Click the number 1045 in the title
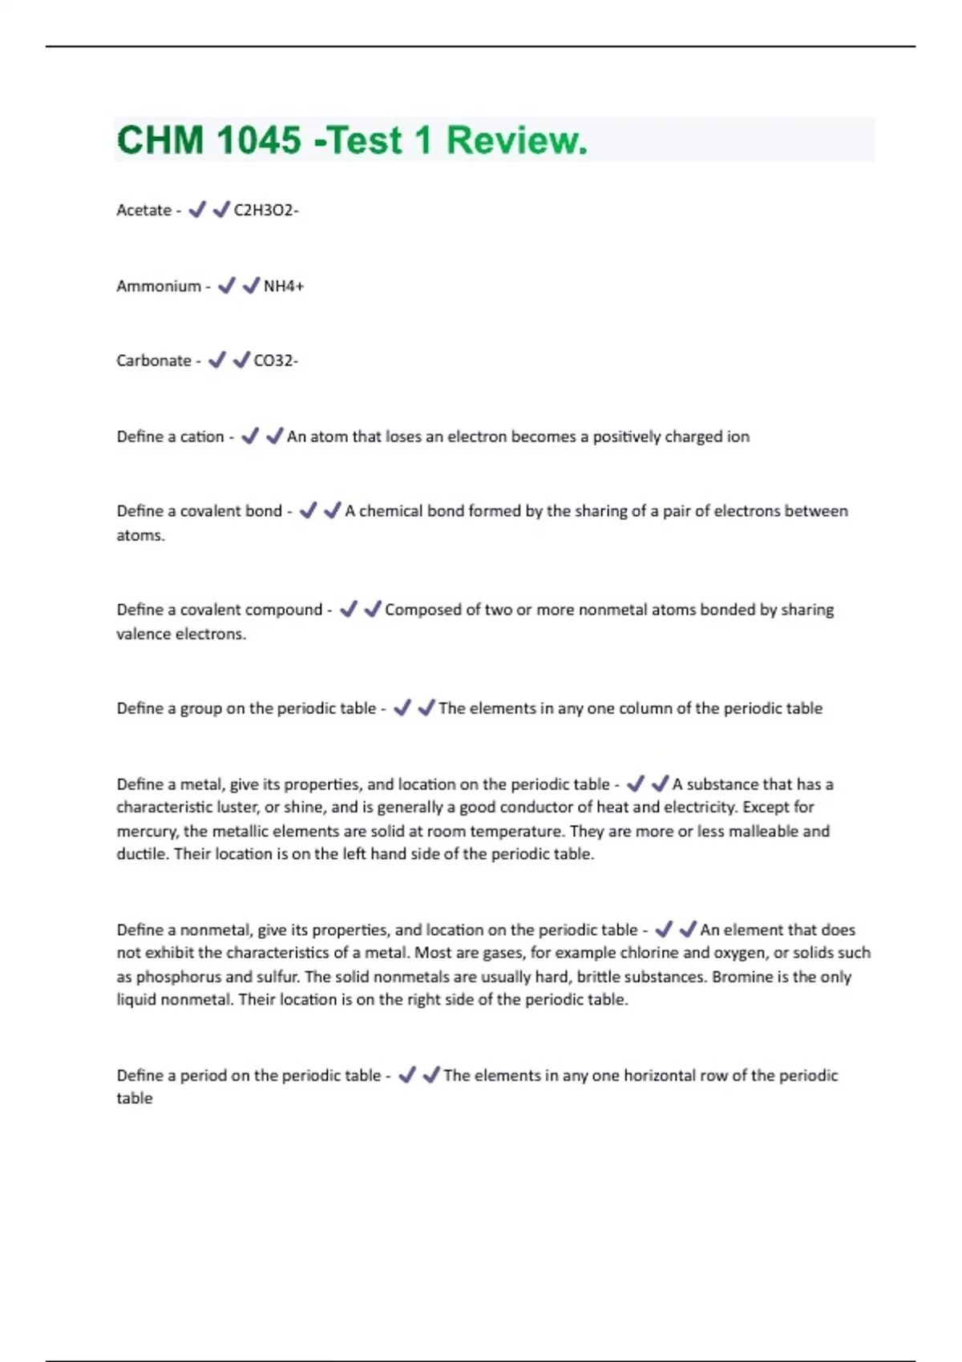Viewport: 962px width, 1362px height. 258,140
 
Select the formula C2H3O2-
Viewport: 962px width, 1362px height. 266,211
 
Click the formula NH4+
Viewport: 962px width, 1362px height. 284,286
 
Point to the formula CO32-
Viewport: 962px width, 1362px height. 276,361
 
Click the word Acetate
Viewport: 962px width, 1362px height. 143,211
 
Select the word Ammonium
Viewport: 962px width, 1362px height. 158,286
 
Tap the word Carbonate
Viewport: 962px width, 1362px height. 153,361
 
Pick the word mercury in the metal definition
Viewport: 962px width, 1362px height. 148,831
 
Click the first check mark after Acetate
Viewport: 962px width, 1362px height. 196,210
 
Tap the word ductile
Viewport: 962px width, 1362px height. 142,854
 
